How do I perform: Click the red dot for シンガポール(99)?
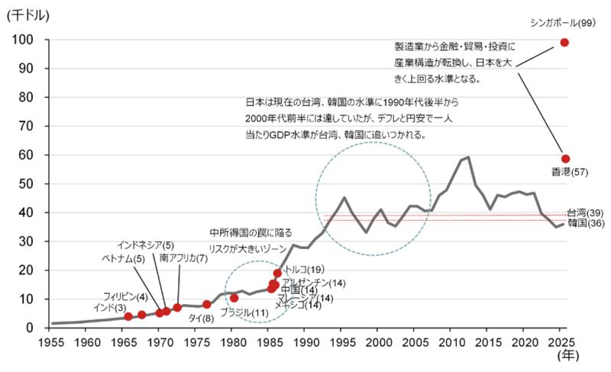[564, 42]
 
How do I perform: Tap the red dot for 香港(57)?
[566, 159]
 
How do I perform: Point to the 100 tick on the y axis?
[22, 40]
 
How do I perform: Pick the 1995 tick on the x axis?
[342, 341]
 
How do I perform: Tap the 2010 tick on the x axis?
[451, 341]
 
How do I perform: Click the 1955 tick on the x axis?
[51, 341]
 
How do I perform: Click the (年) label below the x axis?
[568, 355]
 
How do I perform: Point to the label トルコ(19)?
[304, 269]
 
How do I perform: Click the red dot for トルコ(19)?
[277, 273]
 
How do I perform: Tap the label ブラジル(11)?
[244, 313]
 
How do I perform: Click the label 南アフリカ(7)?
[183, 258]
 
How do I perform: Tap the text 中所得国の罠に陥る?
[251, 232]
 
